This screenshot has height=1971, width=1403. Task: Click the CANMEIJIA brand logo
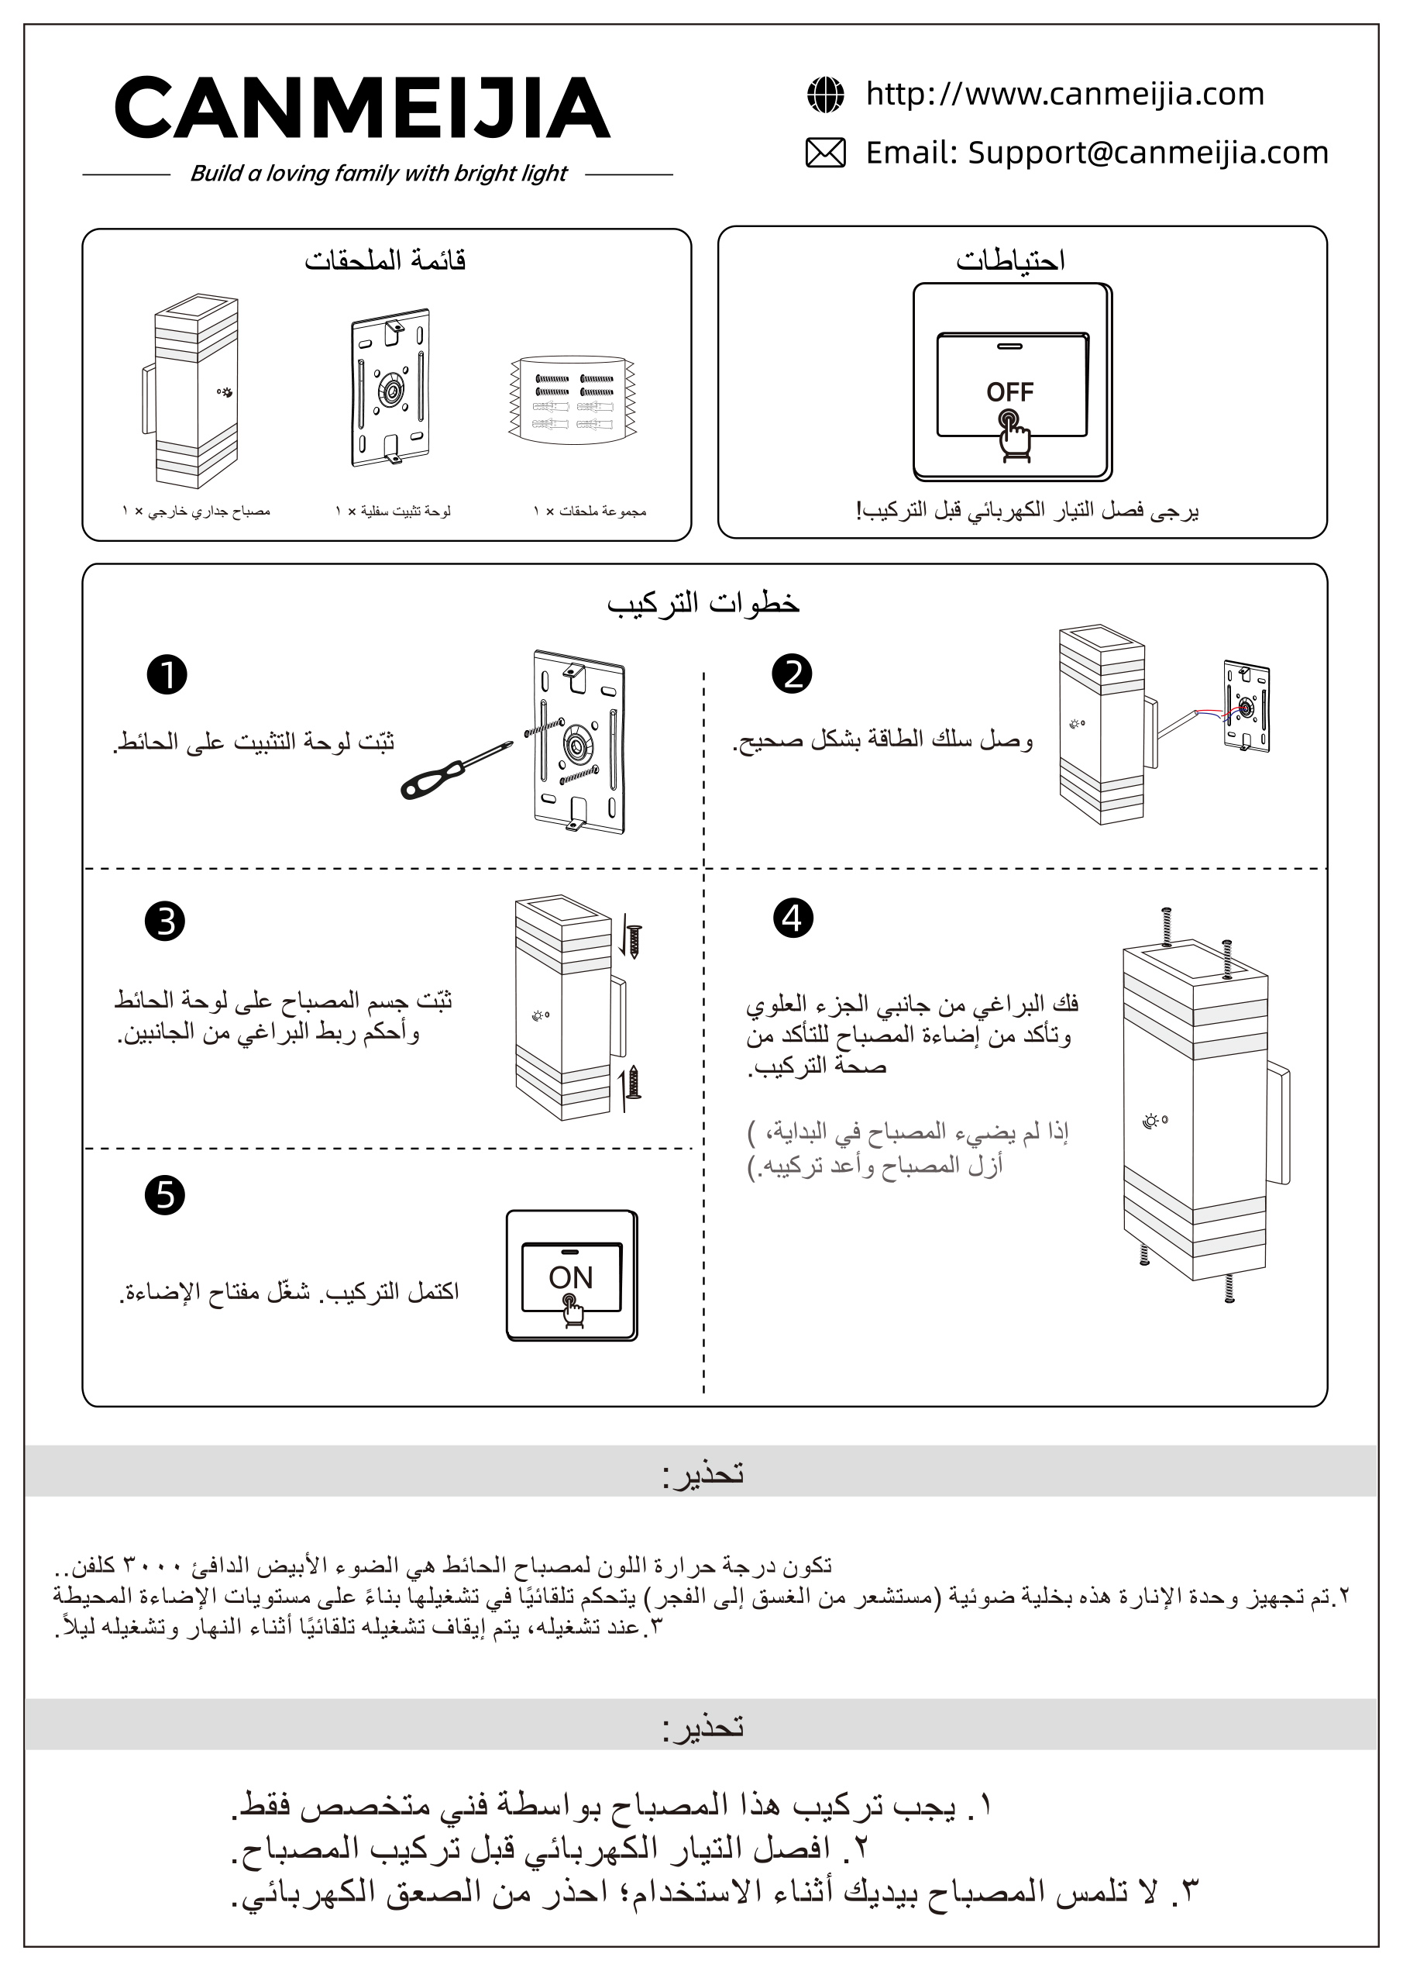coord(362,108)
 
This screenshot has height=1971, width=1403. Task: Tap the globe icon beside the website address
coord(825,95)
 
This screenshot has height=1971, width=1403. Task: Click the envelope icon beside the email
coord(825,153)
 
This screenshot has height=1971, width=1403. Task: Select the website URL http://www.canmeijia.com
coord(1065,93)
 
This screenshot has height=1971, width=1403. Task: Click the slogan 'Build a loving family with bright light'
coord(378,173)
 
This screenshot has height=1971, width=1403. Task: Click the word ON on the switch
coord(570,1277)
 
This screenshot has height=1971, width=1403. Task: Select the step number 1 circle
coord(167,675)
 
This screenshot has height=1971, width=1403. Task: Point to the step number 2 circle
coord(793,674)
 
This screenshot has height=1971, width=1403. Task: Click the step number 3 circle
coord(165,921)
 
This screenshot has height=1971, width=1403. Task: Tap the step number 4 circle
coord(793,918)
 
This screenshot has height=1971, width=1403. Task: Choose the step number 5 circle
coord(165,1196)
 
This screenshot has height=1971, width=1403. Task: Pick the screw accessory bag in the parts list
coord(572,399)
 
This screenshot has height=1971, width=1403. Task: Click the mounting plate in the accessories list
coord(390,387)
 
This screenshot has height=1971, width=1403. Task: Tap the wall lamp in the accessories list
coord(191,391)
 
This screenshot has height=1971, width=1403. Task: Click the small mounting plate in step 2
coord(1246,706)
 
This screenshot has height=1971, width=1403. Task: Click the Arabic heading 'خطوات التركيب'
coord(703,603)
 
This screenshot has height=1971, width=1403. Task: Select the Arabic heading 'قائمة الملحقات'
coord(385,259)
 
